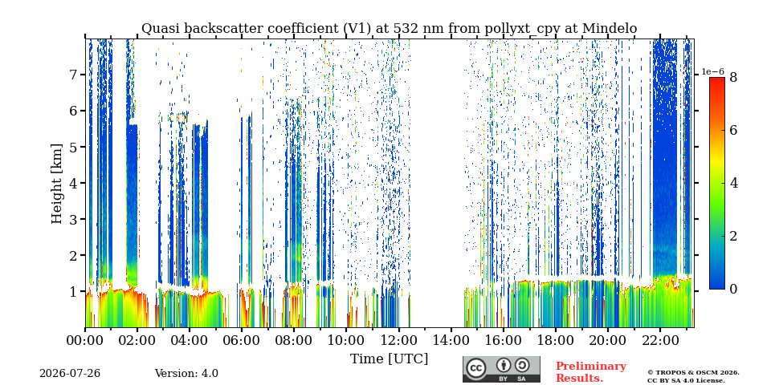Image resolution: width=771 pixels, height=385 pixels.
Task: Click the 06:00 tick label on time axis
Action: point(242,340)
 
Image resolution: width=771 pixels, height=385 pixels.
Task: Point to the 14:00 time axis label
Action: point(451,340)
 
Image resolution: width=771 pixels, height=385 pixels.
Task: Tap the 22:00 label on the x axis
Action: point(659,340)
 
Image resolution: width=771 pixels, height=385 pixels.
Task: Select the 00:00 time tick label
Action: point(85,340)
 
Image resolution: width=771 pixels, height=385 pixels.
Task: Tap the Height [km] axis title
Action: point(58,184)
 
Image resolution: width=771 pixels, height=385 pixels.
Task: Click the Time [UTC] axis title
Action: point(389,359)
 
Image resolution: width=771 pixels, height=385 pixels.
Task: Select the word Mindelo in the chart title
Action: point(610,29)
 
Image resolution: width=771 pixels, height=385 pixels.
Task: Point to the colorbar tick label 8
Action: point(733,77)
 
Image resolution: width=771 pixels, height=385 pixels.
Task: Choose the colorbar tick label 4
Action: point(733,183)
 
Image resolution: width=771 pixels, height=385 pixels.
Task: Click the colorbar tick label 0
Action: point(733,290)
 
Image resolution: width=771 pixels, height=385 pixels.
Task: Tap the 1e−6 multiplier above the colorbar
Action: point(712,71)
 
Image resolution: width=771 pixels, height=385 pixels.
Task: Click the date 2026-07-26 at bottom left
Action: point(70,374)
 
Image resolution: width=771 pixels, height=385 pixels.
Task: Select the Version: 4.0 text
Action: point(186,374)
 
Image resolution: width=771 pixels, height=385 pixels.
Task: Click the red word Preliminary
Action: point(591,367)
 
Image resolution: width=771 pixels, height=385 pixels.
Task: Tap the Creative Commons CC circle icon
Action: point(476,369)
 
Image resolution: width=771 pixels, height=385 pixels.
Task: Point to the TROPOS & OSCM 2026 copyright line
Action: point(693,373)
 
